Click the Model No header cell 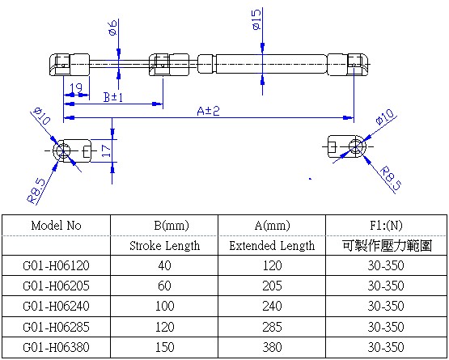(56, 226)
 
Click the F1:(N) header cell (385, 226)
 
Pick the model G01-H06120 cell (56, 265)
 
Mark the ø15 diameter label (256, 19)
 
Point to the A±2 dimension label (208, 111)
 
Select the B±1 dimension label (113, 97)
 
